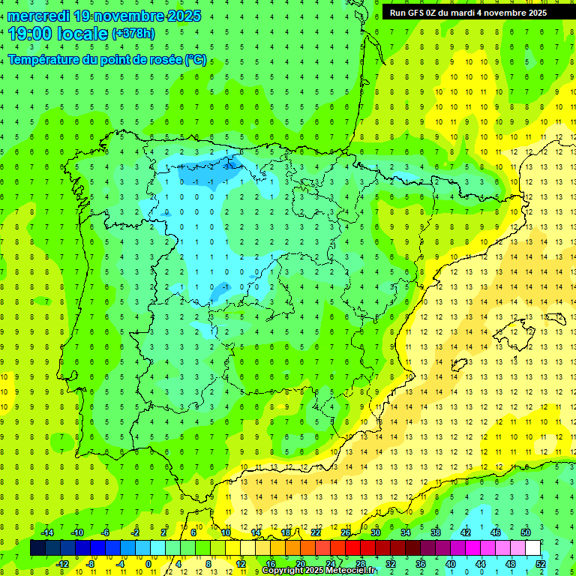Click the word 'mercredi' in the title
(x=39, y=16)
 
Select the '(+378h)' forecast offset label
(x=133, y=34)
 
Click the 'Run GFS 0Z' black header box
(x=478, y=12)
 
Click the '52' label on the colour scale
(x=541, y=563)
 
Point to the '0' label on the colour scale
(x=148, y=563)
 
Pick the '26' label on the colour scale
(x=346, y=532)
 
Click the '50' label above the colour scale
(x=526, y=532)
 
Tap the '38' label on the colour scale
(x=436, y=532)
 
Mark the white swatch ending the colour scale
(x=533, y=548)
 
